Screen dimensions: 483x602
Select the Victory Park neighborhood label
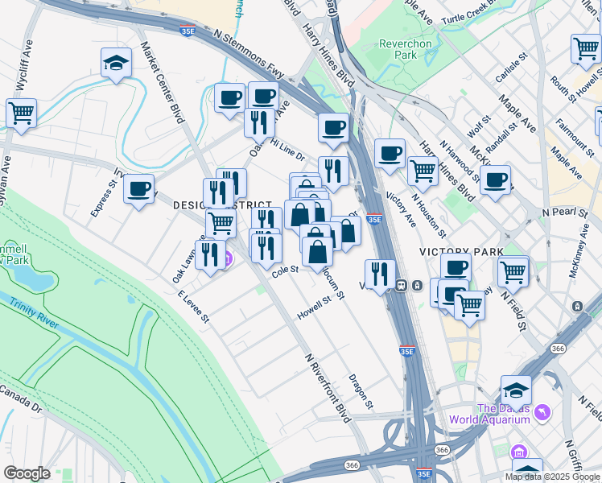tap(461, 252)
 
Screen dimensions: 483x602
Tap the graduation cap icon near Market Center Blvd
tap(116, 64)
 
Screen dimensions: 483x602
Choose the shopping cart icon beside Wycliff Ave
tap(21, 114)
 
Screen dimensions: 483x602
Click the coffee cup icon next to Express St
tap(139, 190)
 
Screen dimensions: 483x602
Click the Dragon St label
tap(361, 390)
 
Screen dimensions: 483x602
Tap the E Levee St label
tap(193, 308)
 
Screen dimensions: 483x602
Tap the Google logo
tap(27, 473)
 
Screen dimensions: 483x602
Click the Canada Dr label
tap(20, 398)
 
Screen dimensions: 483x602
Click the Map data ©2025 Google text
tap(553, 477)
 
